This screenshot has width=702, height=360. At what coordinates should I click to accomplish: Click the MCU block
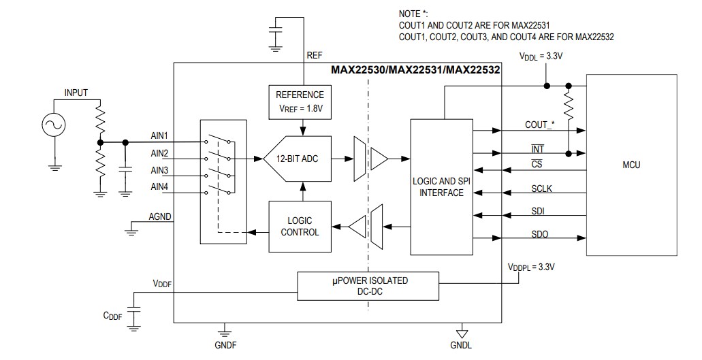click(x=631, y=165)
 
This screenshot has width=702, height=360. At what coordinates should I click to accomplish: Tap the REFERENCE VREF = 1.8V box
click(x=300, y=100)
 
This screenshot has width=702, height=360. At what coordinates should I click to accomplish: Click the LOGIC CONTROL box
click(x=300, y=227)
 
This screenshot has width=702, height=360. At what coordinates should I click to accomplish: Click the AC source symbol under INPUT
click(x=52, y=124)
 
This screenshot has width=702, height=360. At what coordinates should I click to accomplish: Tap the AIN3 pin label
click(x=159, y=170)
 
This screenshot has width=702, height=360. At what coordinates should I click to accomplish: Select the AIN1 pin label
click(x=159, y=135)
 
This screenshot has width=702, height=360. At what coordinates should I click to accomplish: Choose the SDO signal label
click(x=541, y=234)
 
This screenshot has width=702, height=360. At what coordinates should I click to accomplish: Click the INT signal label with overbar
click(x=537, y=148)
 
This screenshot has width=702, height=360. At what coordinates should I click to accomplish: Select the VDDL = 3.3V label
click(x=541, y=57)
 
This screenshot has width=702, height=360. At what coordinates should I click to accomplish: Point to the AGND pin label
click(x=160, y=217)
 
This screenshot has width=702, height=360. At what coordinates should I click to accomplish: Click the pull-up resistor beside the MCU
click(x=569, y=107)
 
